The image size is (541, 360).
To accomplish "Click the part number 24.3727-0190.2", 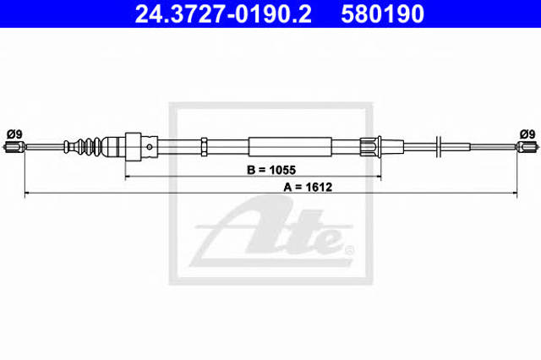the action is [x=223, y=14].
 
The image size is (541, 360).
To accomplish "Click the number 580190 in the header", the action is [x=382, y=14].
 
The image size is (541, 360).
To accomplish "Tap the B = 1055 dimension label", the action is [x=271, y=170].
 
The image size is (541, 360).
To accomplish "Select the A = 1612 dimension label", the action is [x=308, y=188].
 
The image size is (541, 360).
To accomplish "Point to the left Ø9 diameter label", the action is [x=15, y=134].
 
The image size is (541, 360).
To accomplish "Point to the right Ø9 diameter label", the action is [x=527, y=134].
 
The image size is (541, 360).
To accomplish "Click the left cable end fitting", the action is [x=14, y=147].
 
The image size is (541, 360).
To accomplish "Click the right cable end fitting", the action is [x=527, y=147].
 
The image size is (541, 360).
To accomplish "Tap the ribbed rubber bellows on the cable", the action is [x=83, y=147].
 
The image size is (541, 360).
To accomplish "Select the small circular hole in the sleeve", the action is [x=150, y=147].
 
